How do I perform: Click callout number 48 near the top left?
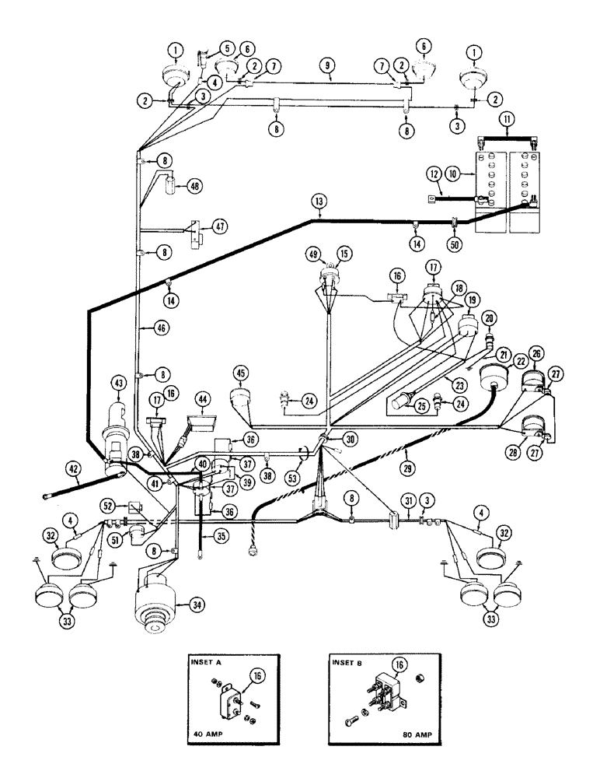[x=194, y=186]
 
